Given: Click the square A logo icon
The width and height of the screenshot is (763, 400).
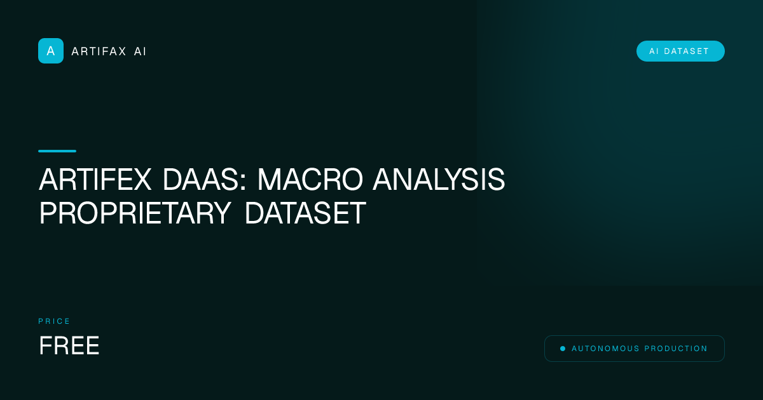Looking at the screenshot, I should point(51,51).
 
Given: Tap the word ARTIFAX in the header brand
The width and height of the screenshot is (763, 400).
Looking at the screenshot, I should point(99,51).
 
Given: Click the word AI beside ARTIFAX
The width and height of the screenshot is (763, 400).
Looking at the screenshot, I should point(140,51).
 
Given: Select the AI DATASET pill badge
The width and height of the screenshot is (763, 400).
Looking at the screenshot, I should point(680,51).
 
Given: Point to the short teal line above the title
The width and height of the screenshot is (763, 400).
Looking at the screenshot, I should point(57,151).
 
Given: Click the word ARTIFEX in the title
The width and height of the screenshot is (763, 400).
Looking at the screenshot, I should point(95,181).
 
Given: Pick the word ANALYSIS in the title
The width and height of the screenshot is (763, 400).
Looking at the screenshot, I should point(439,181).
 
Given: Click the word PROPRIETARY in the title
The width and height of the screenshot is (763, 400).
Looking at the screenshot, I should point(135,214).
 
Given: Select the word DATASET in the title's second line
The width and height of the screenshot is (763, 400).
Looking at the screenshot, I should point(305,214).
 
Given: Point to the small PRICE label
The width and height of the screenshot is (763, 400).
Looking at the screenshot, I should point(55,321).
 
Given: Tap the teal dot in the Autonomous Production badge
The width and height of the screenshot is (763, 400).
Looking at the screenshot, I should point(563,349).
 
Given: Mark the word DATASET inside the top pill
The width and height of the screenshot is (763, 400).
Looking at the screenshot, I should point(687,51).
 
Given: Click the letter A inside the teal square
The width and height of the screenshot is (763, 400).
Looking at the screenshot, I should point(51,51).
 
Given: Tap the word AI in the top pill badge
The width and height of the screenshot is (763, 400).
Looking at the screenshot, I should point(654,51).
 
